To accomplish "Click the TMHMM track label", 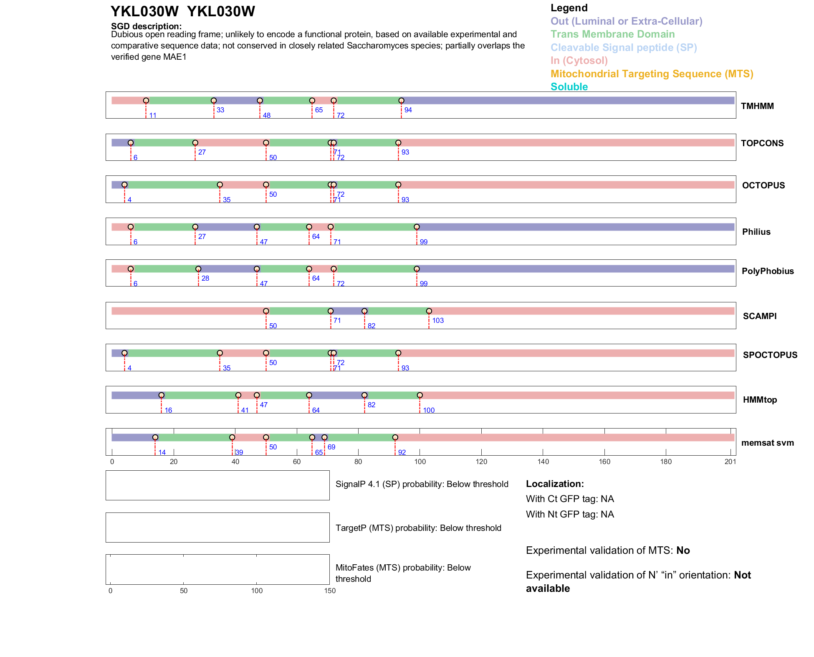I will [x=757, y=106].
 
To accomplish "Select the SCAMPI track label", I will [x=759, y=316].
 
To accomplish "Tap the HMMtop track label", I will [x=760, y=400].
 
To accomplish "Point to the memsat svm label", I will [x=767, y=443].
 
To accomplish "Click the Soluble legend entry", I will [x=569, y=87].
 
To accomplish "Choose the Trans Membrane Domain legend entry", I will [x=612, y=34].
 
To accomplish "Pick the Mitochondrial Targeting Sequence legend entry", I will [x=652, y=74].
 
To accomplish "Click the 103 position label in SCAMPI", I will [x=438, y=320].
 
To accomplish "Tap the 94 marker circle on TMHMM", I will [x=401, y=101].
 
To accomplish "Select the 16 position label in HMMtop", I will [x=168, y=410].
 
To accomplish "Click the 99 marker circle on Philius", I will [x=417, y=227].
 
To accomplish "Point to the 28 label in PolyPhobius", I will [x=205, y=278].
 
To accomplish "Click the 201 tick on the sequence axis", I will [x=730, y=462].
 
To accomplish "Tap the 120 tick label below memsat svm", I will [x=481, y=462].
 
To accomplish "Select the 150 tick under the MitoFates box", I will [x=330, y=591].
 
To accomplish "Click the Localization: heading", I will [x=555, y=484].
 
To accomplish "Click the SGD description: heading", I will [x=146, y=26].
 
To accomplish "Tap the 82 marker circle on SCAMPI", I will [x=364, y=311].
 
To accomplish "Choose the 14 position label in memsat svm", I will [x=162, y=452].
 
